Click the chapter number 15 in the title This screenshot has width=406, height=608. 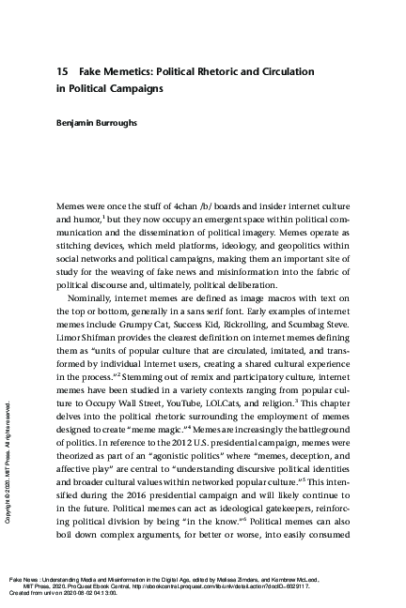tap(63, 71)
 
